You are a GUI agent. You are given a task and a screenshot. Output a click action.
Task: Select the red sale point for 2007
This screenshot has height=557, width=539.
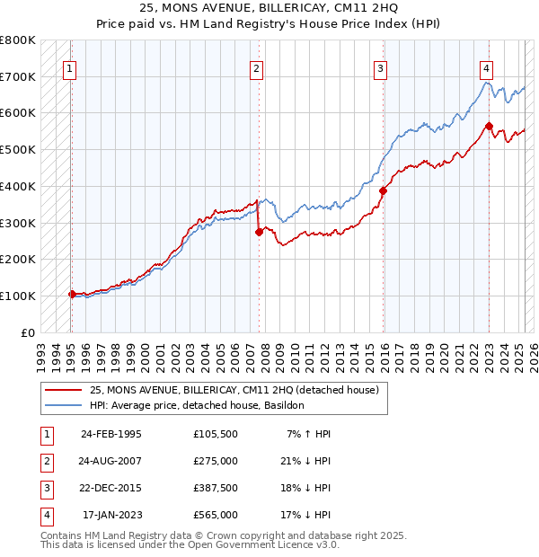point(259,231)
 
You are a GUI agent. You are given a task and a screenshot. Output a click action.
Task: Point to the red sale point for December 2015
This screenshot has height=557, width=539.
point(383,190)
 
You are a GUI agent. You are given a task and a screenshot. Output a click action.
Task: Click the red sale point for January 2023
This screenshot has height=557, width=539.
point(489,126)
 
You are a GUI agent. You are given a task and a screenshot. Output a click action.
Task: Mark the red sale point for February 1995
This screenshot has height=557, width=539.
point(72,294)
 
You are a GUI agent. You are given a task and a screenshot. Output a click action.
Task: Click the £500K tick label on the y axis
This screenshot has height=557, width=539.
point(18,149)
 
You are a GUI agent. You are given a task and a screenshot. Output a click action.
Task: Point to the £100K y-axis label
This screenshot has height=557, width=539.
point(18,296)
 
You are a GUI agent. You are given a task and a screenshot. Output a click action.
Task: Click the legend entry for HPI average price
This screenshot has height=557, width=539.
point(197,406)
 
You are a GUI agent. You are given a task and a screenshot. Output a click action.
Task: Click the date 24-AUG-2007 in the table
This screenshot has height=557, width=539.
point(111,461)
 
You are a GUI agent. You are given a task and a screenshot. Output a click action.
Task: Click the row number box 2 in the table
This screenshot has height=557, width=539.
point(45,461)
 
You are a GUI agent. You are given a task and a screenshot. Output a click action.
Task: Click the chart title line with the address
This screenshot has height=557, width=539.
point(269,9)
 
